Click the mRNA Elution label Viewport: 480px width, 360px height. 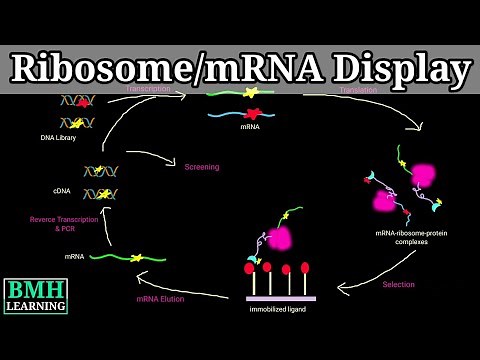(x=161, y=299)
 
